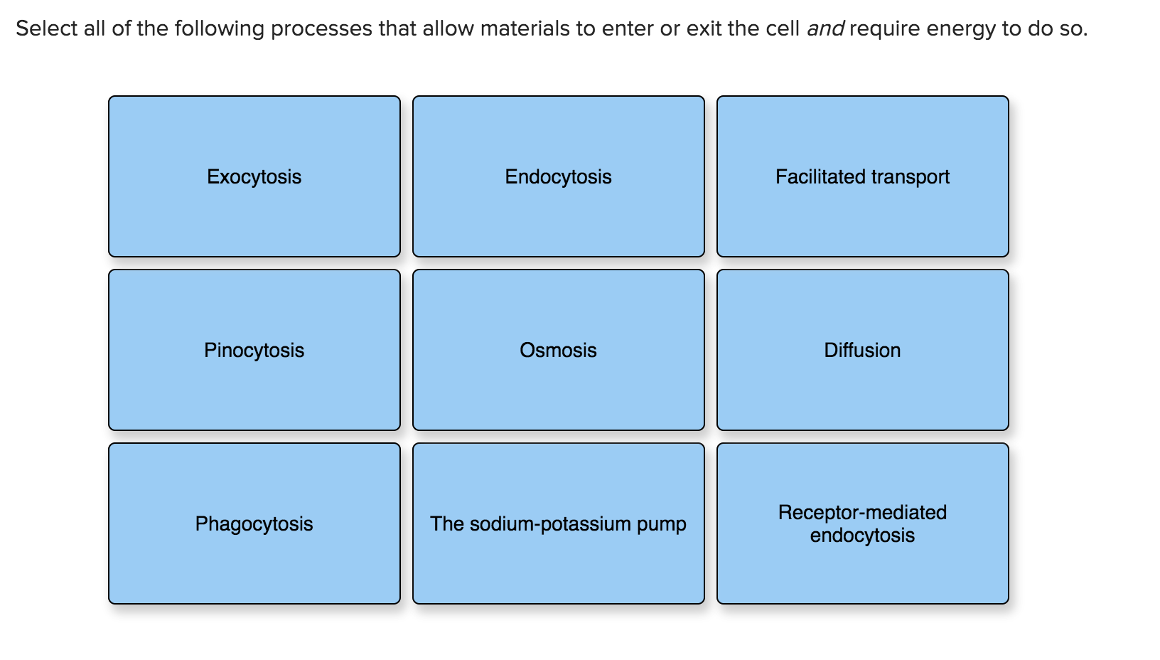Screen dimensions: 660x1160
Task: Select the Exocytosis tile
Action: tap(254, 176)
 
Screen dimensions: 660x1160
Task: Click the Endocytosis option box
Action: tap(558, 176)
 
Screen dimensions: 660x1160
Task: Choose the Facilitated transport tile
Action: tap(862, 176)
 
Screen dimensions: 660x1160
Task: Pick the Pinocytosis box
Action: tap(254, 350)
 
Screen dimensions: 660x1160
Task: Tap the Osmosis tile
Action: tap(558, 350)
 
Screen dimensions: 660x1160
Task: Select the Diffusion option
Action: tap(862, 350)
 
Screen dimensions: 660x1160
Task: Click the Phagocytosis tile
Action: tap(254, 523)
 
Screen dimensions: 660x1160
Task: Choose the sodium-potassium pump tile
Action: tap(558, 523)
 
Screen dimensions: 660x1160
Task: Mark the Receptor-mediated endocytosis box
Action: tap(862, 523)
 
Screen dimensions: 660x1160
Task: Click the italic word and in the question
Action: tap(825, 28)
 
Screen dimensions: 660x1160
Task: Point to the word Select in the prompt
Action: tap(46, 28)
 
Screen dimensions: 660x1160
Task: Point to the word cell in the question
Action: tap(783, 28)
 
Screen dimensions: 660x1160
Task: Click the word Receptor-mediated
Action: tap(862, 512)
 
